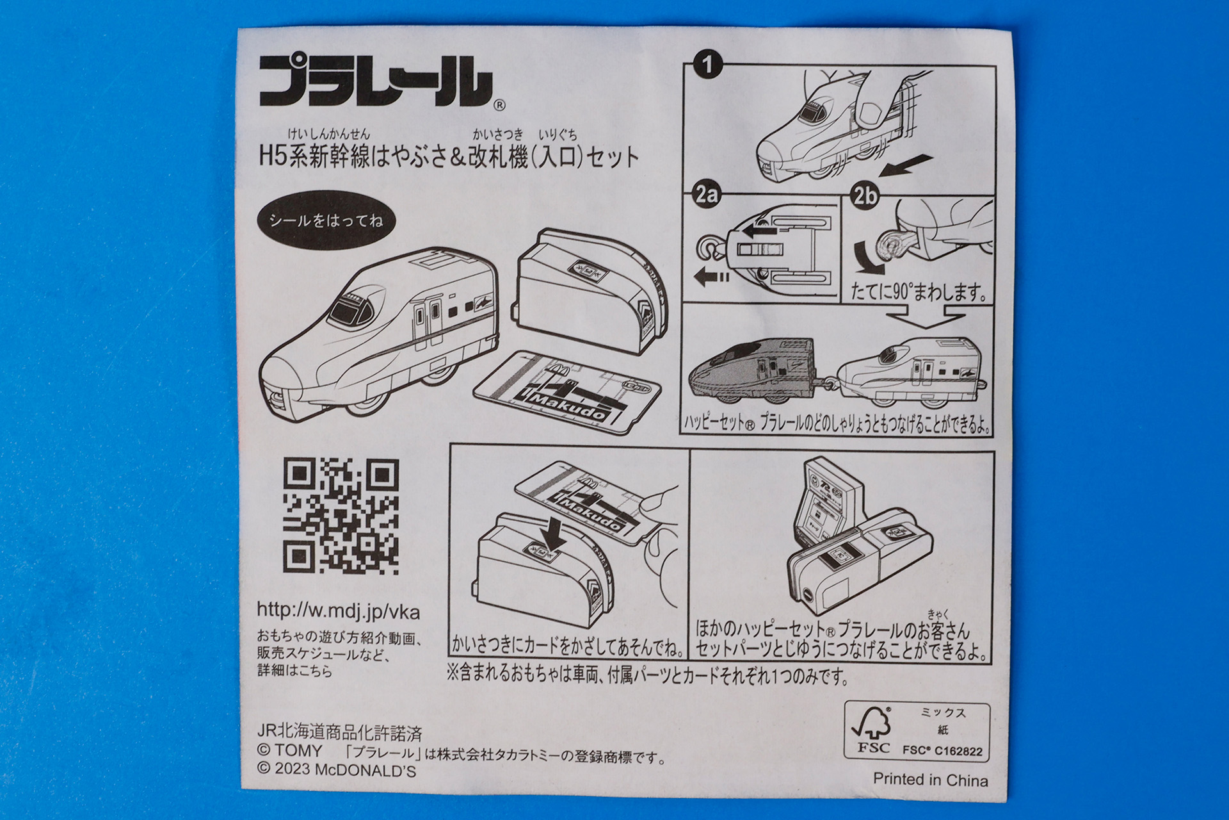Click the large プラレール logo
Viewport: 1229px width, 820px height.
point(376,81)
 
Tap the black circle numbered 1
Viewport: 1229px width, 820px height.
point(707,65)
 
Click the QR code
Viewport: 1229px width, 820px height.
point(341,516)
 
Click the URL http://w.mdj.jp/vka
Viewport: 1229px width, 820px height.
point(338,611)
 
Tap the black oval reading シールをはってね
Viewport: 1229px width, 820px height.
point(326,222)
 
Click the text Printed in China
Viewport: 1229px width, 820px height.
point(930,780)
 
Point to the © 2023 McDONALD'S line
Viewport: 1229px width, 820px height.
point(337,770)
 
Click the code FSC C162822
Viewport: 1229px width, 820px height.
point(942,751)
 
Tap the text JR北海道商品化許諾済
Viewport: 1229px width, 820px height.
point(339,732)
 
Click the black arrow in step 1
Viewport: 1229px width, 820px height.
point(906,165)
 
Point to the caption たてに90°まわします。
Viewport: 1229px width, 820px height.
point(919,293)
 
